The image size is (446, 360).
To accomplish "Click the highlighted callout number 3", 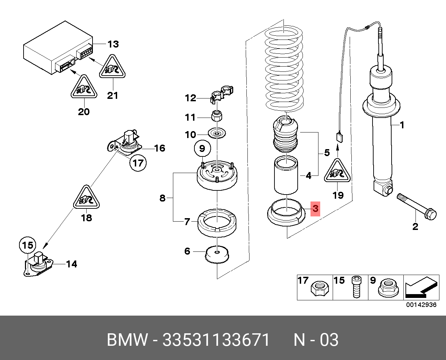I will [315, 209].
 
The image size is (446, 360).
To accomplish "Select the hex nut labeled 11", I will [217, 115].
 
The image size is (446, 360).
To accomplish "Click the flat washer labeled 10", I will [217, 133].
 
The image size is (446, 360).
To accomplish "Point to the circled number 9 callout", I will [202, 148].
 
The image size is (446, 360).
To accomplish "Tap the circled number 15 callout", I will [27, 246].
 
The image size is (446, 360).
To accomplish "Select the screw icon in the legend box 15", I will [356, 287].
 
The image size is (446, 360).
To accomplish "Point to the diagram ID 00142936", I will [421, 305].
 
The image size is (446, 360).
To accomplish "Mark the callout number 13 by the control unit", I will [113, 44].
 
